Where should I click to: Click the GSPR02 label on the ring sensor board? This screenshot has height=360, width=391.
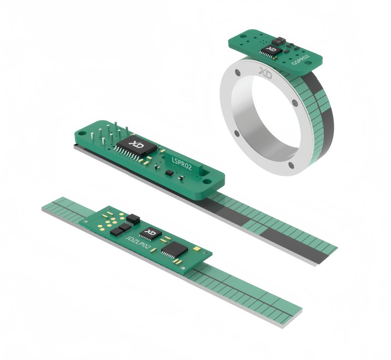pyautogui.click(x=301, y=59)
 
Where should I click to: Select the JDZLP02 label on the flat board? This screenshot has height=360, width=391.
pyautogui.click(x=138, y=242)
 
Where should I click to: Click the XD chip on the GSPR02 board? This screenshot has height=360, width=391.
pyautogui.click(x=271, y=50)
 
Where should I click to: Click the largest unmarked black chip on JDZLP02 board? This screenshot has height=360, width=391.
pyautogui.click(x=174, y=249)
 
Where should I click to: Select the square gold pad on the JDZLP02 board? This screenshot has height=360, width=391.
pyautogui.click(x=197, y=249)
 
